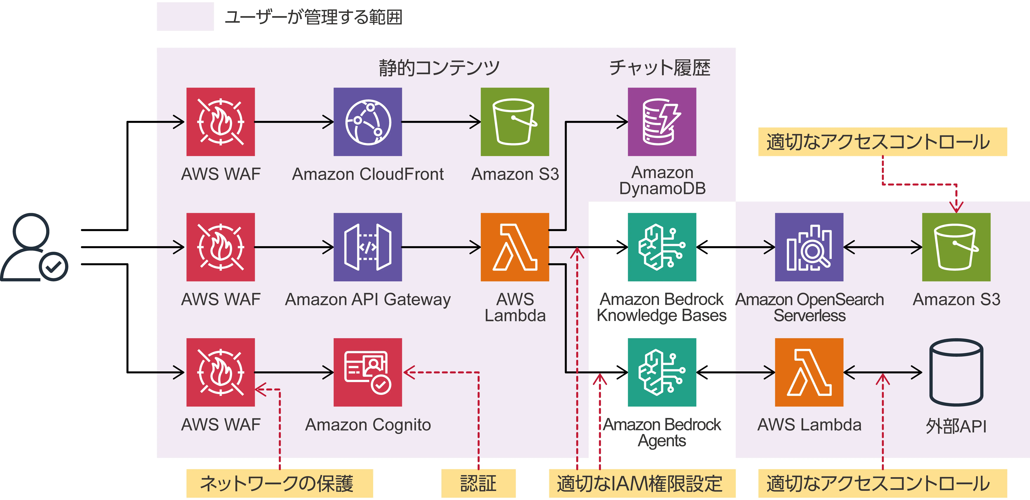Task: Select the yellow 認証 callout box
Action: tap(478, 483)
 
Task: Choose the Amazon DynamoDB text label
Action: tap(662, 180)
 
